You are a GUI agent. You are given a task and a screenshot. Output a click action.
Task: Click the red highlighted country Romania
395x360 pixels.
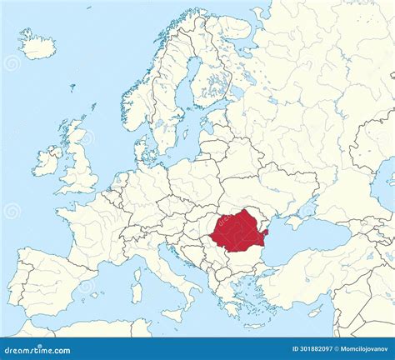pos(238,232)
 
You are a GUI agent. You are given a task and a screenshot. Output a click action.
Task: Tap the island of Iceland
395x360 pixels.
pos(37,45)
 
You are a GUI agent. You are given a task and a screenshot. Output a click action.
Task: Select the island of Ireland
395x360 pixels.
pos(47,161)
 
